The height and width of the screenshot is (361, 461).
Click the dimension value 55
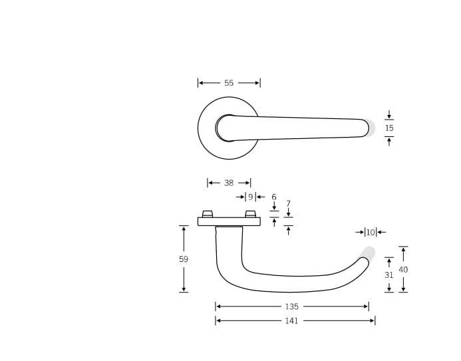click(229, 83)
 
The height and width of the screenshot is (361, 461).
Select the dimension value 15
click(389, 128)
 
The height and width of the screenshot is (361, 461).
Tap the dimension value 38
click(229, 183)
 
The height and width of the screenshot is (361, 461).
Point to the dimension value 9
click(250, 197)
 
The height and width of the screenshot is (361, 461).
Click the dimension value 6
click(273, 197)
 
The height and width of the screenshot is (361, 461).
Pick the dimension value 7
click(288, 204)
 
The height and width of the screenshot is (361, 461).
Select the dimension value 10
click(371, 232)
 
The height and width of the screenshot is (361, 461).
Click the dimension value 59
click(184, 259)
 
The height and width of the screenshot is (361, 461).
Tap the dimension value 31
click(389, 275)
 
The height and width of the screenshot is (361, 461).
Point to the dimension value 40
click(403, 270)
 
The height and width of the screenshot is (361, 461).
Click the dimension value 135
click(291, 306)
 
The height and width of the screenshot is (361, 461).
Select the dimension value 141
click(291, 320)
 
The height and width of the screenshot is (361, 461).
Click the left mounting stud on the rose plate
click(208, 213)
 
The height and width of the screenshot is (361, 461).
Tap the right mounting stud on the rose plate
click(250, 213)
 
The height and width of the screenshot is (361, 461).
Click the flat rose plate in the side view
click(229, 221)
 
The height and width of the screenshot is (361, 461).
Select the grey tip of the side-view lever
click(369, 253)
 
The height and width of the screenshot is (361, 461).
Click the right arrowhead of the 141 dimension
click(373, 320)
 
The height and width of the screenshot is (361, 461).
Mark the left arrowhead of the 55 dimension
click(200, 83)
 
